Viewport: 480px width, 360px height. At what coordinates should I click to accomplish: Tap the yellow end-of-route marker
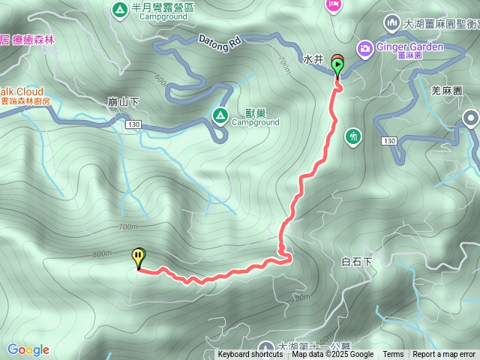click(x=139, y=257)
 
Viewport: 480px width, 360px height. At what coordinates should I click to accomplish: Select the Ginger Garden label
click(x=409, y=46)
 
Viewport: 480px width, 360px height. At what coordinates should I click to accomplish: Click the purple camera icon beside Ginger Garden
click(x=364, y=47)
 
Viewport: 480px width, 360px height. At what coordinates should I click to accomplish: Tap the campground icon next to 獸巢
click(x=220, y=115)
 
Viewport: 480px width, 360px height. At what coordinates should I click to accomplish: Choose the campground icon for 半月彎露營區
click(x=118, y=9)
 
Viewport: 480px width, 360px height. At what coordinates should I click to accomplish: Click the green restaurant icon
click(x=353, y=136)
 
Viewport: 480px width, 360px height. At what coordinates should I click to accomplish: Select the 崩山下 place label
click(x=124, y=101)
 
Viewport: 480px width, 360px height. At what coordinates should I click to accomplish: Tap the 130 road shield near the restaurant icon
click(x=388, y=141)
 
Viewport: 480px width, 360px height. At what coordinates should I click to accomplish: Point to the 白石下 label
click(x=356, y=262)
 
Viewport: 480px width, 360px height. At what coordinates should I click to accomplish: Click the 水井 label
click(x=313, y=58)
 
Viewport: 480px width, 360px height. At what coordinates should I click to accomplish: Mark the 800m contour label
click(x=102, y=254)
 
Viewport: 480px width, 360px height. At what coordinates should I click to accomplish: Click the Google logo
click(x=28, y=349)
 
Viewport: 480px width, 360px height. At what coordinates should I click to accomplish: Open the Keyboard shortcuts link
click(x=250, y=355)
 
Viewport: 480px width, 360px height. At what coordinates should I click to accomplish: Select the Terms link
click(x=393, y=355)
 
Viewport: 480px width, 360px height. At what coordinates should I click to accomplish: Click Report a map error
click(x=444, y=355)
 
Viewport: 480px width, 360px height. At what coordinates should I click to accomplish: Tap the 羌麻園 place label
click(x=447, y=89)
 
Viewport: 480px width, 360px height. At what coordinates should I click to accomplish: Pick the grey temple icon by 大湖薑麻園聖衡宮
click(x=391, y=23)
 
